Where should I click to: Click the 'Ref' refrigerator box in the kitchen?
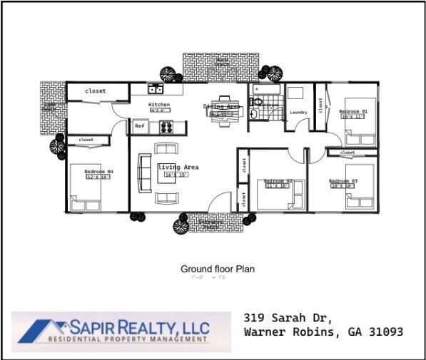(138, 126)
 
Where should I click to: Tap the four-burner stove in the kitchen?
(166, 127)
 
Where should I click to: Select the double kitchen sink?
(156, 89)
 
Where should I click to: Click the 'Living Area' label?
(178, 168)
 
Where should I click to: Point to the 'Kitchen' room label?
(159, 105)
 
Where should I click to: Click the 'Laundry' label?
(298, 112)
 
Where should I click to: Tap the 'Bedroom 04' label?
(98, 172)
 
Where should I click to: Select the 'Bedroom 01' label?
(353, 111)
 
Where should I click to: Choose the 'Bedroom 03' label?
(343, 181)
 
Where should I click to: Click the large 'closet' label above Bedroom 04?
(95, 91)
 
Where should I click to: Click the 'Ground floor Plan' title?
(217, 269)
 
